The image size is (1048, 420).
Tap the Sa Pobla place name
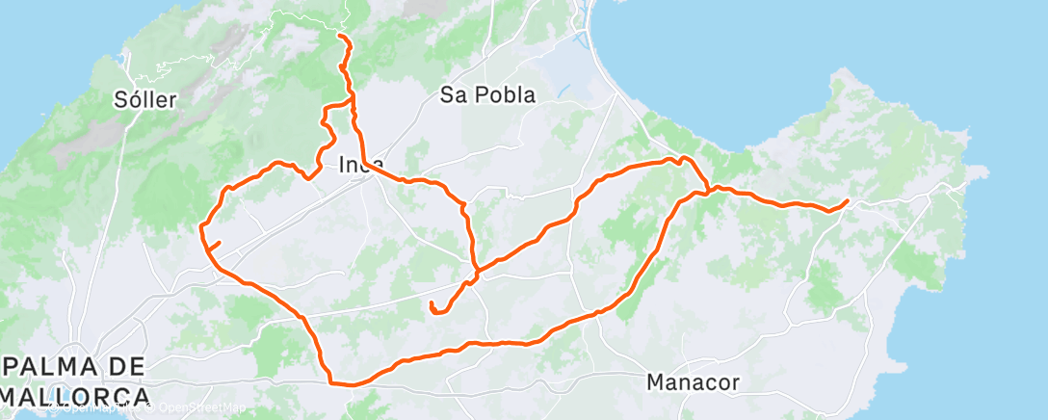tap(487, 94)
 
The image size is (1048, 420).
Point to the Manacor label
tap(694, 382)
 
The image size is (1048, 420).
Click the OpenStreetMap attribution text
tap(196, 409)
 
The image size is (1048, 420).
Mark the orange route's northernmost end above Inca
tap(340, 36)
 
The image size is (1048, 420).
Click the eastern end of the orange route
tap(847, 200)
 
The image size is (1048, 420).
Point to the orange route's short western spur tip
tap(221, 243)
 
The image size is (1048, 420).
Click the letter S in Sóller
tap(119, 99)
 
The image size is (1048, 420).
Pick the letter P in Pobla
tap(478, 94)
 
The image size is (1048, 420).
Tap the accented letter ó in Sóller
tap(133, 99)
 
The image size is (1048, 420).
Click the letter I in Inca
tap(343, 165)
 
